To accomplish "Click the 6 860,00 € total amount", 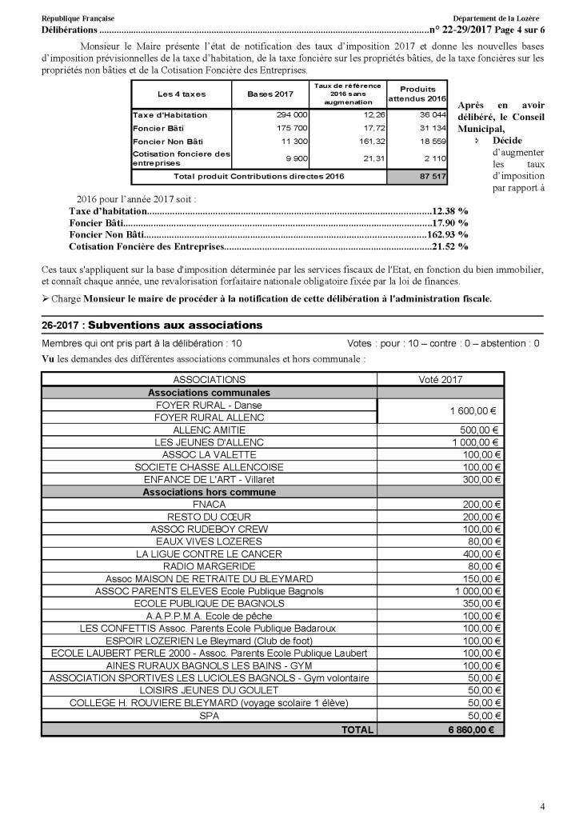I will tap(471, 729).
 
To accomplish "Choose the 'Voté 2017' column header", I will tap(441, 380).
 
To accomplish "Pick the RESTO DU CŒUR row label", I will tap(209, 517).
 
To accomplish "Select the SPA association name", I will tap(209, 716).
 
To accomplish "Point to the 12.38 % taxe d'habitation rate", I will tap(451, 211).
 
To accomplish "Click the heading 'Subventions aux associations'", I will tap(175, 326).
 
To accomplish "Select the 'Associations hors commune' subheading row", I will tap(209, 493).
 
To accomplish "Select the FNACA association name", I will tap(209, 505).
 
